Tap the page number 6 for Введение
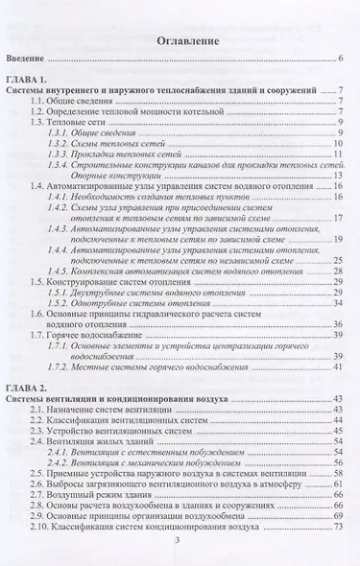pos(340,59)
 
